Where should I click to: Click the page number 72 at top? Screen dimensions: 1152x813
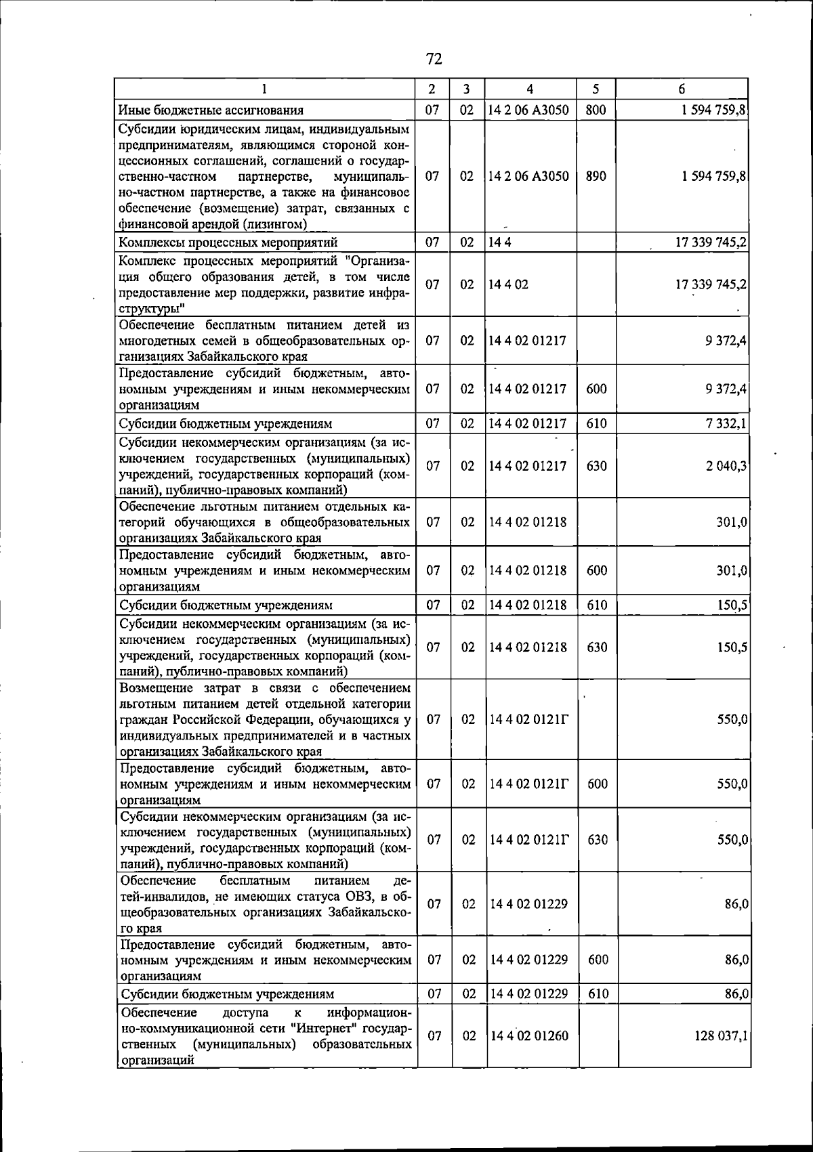point(434,60)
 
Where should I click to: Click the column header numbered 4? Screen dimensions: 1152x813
point(529,89)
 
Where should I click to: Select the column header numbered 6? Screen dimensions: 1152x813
point(682,89)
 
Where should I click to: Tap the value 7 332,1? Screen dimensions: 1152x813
point(726,424)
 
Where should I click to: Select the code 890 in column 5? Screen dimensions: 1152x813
point(596,176)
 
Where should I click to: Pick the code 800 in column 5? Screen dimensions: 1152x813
point(595,110)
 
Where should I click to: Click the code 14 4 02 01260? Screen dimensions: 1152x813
point(528,1036)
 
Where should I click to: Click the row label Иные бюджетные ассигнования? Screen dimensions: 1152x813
point(211,110)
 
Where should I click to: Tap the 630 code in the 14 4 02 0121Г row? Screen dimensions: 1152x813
point(598,840)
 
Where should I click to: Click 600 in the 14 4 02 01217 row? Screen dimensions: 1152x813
point(597,389)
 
